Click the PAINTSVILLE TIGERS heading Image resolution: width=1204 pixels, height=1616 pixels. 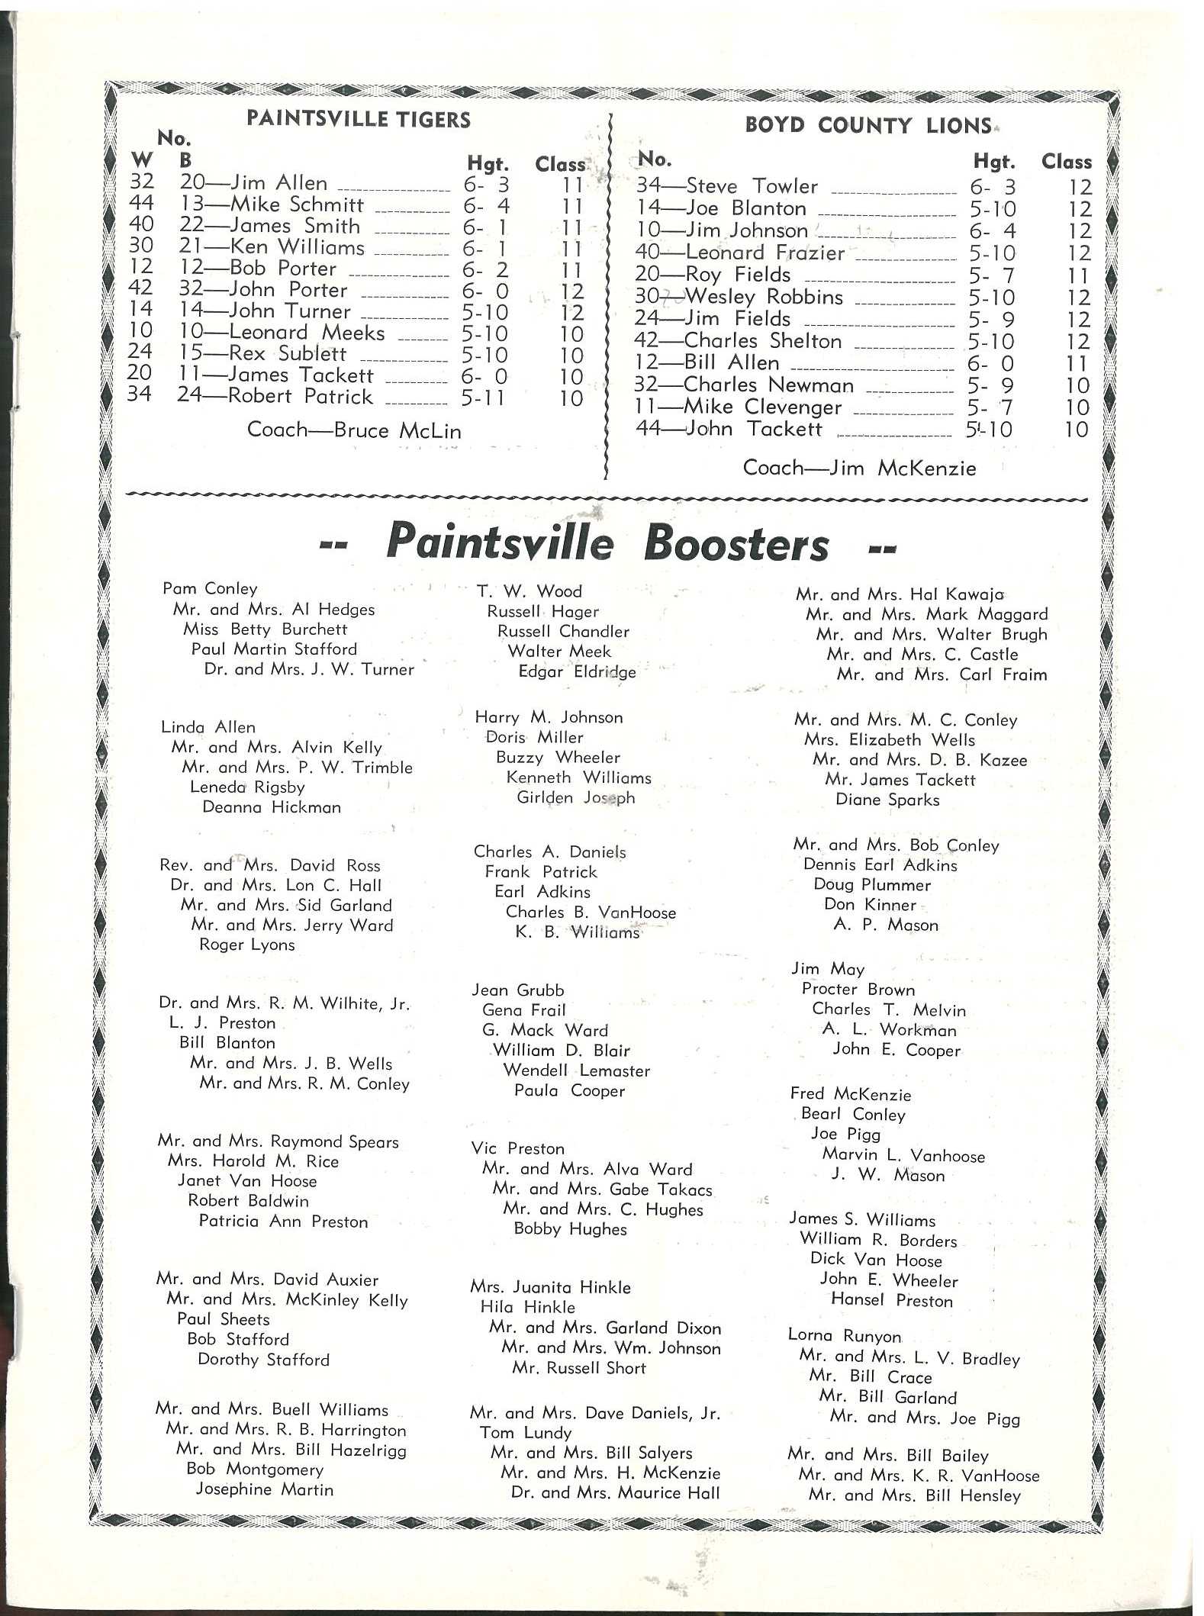[358, 119]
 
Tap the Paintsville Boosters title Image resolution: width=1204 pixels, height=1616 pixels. [607, 543]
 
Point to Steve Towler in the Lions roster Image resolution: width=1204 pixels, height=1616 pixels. [752, 186]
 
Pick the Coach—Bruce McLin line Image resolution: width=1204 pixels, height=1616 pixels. [354, 430]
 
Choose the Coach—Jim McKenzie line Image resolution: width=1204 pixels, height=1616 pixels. [859, 468]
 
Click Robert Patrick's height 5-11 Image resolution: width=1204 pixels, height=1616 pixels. [484, 398]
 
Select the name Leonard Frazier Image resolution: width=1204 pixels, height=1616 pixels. [765, 253]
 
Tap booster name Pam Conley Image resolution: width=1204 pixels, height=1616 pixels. [210, 588]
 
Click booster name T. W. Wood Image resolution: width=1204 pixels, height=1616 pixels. [529, 591]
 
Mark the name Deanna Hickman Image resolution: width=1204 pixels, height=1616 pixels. [271, 807]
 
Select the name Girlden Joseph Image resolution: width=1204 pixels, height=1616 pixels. [575, 797]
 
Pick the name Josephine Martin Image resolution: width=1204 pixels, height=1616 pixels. [264, 1489]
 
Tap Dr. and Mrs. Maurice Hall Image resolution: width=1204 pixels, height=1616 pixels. [615, 1492]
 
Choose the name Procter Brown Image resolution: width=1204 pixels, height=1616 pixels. [858, 990]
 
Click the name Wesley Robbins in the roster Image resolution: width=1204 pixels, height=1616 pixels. [763, 297]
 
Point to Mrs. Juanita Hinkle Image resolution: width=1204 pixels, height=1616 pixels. [550, 1287]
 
